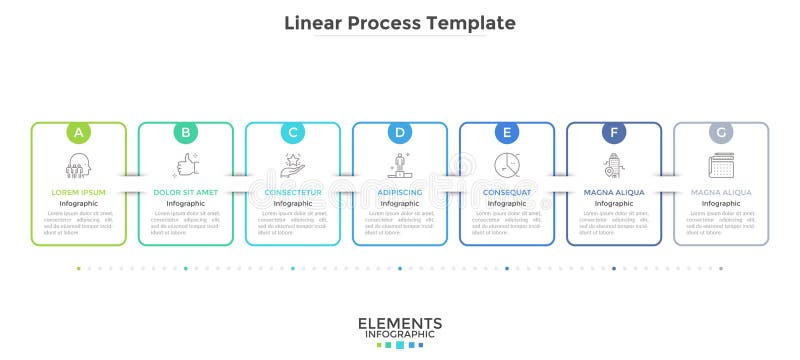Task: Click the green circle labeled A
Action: click(78, 131)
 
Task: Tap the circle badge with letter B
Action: click(185, 131)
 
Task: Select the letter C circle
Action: click(293, 131)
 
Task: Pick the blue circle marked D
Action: click(400, 131)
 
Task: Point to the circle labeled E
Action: click(507, 131)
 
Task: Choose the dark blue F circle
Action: click(614, 131)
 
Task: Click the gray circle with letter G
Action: click(721, 131)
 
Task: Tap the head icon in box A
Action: click(78, 165)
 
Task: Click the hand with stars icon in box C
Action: click(293, 163)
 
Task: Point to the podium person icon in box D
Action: click(400, 164)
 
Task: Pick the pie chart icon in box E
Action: click(507, 165)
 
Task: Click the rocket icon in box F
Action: click(614, 165)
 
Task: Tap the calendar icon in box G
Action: click(721, 165)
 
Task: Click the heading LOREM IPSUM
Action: click(78, 191)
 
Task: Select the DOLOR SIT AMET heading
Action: click(185, 191)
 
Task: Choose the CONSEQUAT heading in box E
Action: click(507, 191)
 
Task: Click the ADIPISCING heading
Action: click(400, 191)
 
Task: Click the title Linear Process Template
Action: click(400, 22)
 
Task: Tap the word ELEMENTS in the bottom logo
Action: click(400, 323)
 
